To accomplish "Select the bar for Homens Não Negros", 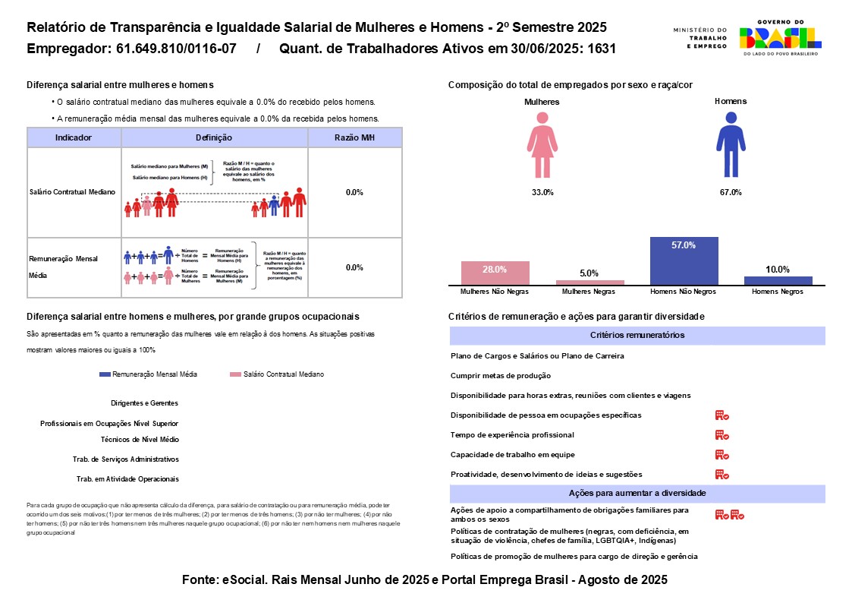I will click(684, 261).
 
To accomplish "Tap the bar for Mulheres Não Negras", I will click(495, 273).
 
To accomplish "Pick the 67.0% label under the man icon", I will click(730, 193).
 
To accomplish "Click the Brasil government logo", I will click(781, 38).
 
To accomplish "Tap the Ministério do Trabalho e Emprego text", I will click(700, 38).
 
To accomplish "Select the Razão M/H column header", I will click(354, 137).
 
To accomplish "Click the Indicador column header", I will click(74, 137).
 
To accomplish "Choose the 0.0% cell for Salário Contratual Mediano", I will click(354, 193).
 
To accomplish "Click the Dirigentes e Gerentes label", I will click(144, 403).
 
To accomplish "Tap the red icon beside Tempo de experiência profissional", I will click(722, 435).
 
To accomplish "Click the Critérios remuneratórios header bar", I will click(637, 336).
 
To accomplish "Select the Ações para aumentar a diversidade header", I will click(637, 494).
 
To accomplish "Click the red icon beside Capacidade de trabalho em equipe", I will click(722, 455).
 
